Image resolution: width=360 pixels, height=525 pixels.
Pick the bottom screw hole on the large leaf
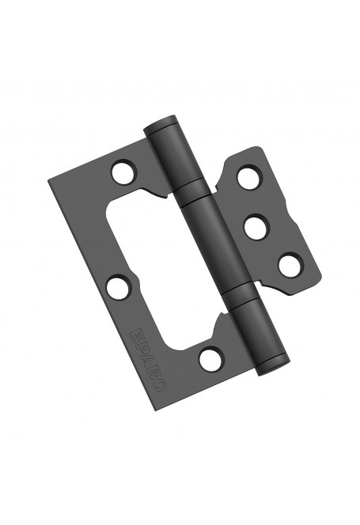[x=208, y=361]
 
